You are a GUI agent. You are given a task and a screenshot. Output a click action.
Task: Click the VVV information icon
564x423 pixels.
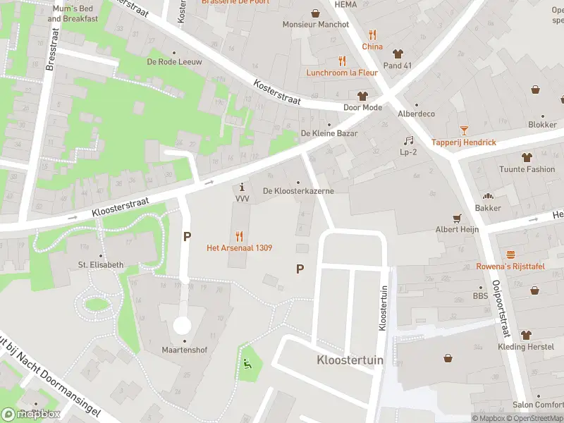(243, 188)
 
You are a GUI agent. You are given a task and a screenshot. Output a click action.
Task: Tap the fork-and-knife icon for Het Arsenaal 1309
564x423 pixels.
(240, 236)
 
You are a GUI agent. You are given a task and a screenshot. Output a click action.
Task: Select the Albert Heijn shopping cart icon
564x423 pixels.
(456, 219)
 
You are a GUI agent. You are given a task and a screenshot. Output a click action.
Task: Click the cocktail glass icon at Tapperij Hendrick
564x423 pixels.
(464, 130)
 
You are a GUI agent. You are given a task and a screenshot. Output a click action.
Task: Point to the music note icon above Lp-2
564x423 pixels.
(407, 140)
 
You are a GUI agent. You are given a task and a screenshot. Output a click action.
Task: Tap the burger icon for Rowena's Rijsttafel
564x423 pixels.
(510, 254)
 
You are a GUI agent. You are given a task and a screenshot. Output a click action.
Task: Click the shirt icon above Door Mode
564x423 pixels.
(362, 96)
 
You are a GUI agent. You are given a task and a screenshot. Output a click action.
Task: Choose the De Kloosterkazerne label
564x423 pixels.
(298, 191)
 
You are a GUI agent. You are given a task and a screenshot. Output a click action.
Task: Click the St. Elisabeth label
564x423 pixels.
(101, 265)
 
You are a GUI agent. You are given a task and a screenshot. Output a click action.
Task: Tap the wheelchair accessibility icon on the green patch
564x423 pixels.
(247, 364)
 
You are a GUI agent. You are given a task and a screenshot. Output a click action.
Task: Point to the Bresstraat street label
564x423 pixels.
(50, 50)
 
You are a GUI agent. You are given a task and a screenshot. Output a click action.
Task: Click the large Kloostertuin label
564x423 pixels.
(340, 360)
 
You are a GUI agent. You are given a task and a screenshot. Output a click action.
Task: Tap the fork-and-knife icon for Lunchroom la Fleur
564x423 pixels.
(342, 61)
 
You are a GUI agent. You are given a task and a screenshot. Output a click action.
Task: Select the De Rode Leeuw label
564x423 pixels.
(174, 62)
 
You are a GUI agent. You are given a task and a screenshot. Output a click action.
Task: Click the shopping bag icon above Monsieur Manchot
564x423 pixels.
(315, 13)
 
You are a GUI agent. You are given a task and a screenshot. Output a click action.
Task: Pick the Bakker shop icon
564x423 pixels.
(488, 197)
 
